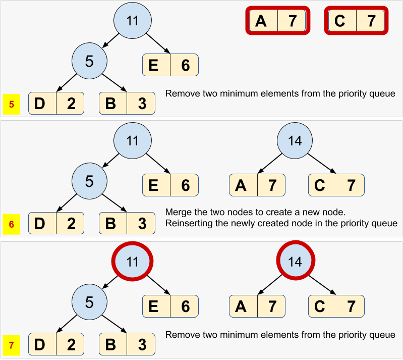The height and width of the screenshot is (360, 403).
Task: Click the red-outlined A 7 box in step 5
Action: (x=277, y=21)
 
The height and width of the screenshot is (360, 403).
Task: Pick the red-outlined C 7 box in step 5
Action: (x=356, y=21)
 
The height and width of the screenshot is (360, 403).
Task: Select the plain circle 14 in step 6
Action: (x=296, y=140)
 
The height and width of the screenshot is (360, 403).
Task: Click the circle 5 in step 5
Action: (x=89, y=61)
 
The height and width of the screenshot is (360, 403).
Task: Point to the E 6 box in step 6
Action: (x=170, y=185)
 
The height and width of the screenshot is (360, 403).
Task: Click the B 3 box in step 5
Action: (x=127, y=103)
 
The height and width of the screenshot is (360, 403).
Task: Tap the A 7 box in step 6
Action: (x=257, y=185)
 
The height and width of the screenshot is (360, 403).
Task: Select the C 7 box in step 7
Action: (x=336, y=306)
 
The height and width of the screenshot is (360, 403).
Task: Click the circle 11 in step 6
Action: (x=132, y=140)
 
